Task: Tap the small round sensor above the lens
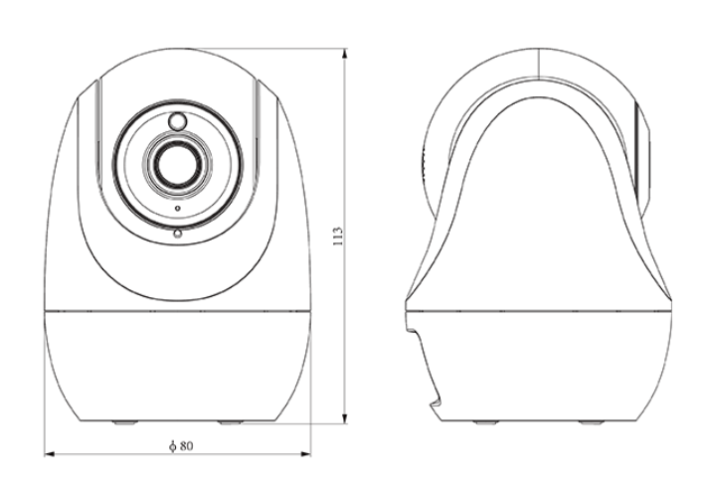coord(177,121)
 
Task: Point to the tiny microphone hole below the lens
coord(178,208)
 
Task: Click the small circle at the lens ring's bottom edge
coord(178,234)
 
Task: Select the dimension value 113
coord(338,236)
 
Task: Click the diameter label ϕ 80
coord(181,446)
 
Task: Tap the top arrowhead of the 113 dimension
coord(345,54)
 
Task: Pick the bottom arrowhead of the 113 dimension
coord(345,418)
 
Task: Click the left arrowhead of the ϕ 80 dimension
coord(50,454)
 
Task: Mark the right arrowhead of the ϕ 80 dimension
coord(305,454)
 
